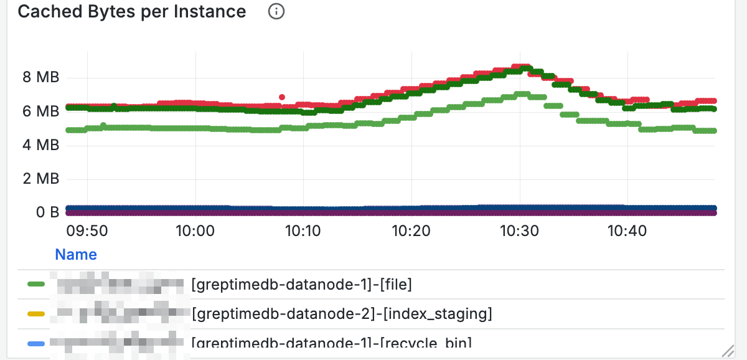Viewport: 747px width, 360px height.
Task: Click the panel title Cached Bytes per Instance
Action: click(x=131, y=12)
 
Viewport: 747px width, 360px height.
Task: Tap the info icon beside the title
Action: click(x=276, y=12)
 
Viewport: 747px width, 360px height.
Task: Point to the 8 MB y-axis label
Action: click(x=40, y=78)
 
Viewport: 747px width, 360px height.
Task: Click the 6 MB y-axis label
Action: click(x=40, y=111)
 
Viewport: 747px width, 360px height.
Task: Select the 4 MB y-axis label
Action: click(x=40, y=145)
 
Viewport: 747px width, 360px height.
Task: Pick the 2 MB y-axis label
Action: click(x=40, y=179)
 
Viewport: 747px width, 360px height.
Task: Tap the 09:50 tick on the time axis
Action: click(x=87, y=231)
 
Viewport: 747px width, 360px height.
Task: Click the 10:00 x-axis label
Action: click(x=195, y=231)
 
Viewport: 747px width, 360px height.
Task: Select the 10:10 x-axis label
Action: click(x=303, y=231)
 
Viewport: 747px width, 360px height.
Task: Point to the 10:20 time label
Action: click(x=411, y=231)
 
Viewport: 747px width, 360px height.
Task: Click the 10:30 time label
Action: click(x=520, y=231)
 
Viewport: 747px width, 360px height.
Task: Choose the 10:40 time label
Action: click(x=627, y=231)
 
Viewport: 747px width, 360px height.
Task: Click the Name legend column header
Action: click(x=76, y=254)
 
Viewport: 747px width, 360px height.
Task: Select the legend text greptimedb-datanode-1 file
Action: click(x=301, y=285)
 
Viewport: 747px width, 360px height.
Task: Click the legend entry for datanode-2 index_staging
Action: click(x=342, y=314)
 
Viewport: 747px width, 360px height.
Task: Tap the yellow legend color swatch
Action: click(x=37, y=314)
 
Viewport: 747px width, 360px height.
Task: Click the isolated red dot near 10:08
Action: click(x=282, y=97)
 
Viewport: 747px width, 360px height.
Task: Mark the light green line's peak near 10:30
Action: click(x=522, y=95)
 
